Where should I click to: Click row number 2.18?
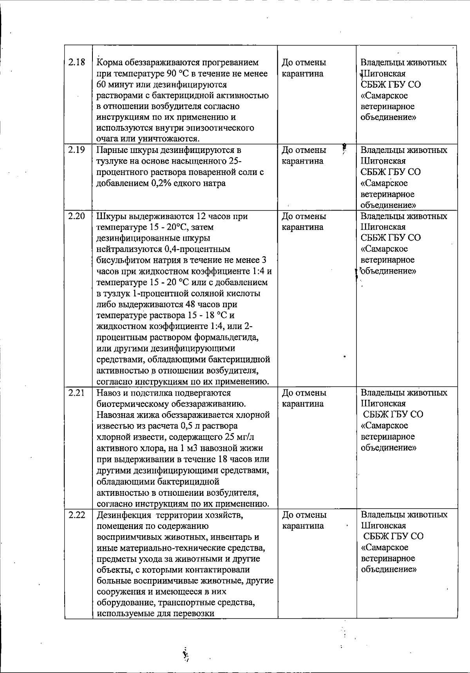[77, 63]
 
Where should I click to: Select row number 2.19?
[77, 150]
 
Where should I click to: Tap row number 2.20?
[77, 216]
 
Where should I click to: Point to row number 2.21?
[77, 392]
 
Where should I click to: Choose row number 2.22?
[77, 515]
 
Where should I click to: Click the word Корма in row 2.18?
[109, 63]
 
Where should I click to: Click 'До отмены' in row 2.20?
[304, 216]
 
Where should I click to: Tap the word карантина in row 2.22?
[303, 526]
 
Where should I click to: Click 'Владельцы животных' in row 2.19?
[403, 150]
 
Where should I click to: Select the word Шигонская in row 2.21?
[383, 403]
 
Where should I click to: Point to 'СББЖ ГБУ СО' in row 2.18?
[390, 85]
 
